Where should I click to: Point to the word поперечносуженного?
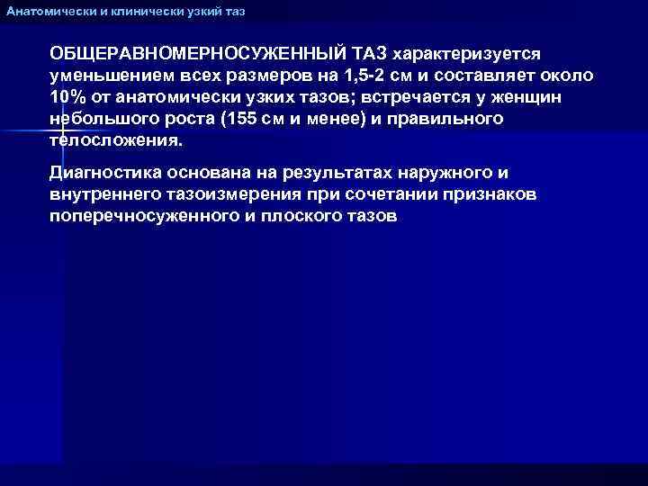click(x=142, y=217)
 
